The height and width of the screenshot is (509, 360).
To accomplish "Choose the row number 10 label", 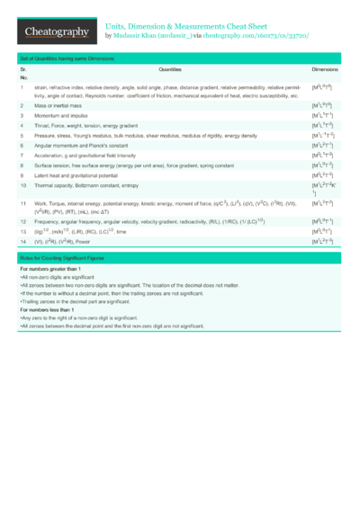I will tap(23, 185).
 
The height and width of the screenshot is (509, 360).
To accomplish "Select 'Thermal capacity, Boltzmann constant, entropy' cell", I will tap(88, 185).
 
